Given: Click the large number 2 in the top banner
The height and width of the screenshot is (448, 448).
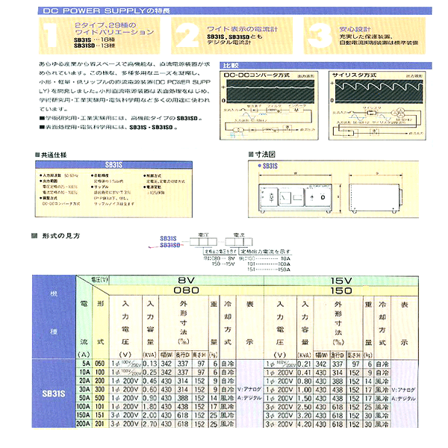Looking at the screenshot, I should (x=187, y=34).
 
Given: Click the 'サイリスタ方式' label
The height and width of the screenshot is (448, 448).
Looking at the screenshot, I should (x=349, y=75).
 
